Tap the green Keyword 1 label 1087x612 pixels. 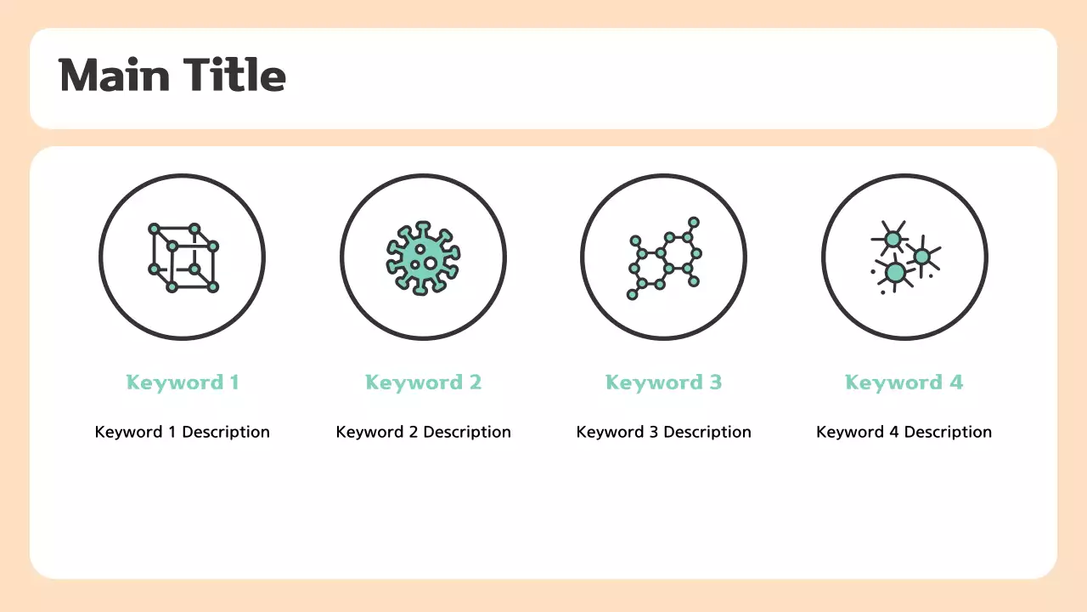point(182,382)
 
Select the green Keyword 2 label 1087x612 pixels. point(423,382)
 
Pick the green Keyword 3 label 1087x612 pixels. point(663,382)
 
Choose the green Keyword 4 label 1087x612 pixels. point(904,382)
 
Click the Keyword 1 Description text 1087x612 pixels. point(182,432)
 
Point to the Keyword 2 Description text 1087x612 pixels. point(423,432)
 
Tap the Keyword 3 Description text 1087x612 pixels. point(663,432)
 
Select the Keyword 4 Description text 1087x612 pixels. point(904,432)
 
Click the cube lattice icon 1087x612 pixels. point(183,257)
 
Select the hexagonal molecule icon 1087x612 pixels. point(664,257)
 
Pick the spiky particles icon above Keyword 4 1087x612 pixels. point(904,257)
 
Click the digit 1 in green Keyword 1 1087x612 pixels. point(234,382)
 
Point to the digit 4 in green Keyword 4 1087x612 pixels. point(955,382)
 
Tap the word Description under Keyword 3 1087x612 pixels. point(707,432)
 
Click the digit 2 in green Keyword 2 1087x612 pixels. point(475,382)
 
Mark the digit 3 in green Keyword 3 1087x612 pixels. point(715,382)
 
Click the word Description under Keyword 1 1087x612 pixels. point(226,432)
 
